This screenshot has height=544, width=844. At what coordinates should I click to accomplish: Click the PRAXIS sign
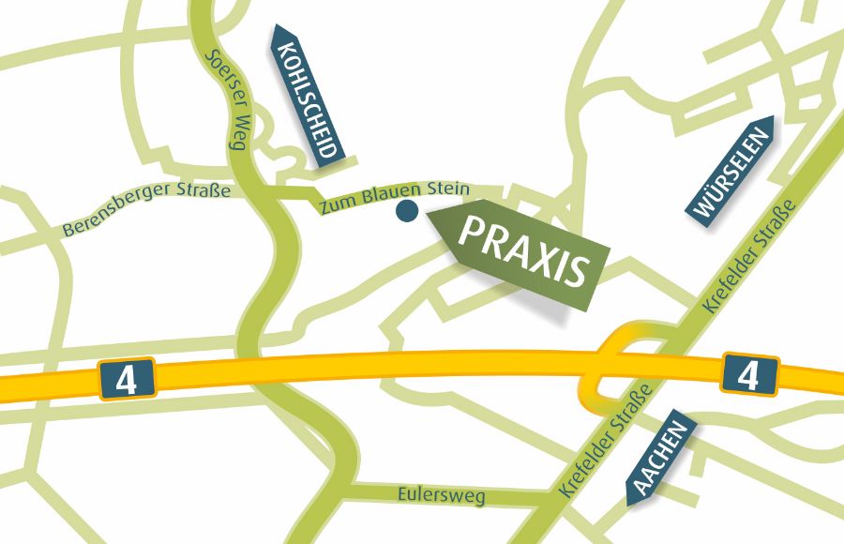[521, 251]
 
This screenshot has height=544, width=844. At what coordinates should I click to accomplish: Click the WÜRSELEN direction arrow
[734, 171]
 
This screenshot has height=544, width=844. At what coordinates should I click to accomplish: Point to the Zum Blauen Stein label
[393, 197]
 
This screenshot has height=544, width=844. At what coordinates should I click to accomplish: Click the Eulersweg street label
[441, 494]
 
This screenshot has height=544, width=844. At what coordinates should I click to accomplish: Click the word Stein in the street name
[448, 189]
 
